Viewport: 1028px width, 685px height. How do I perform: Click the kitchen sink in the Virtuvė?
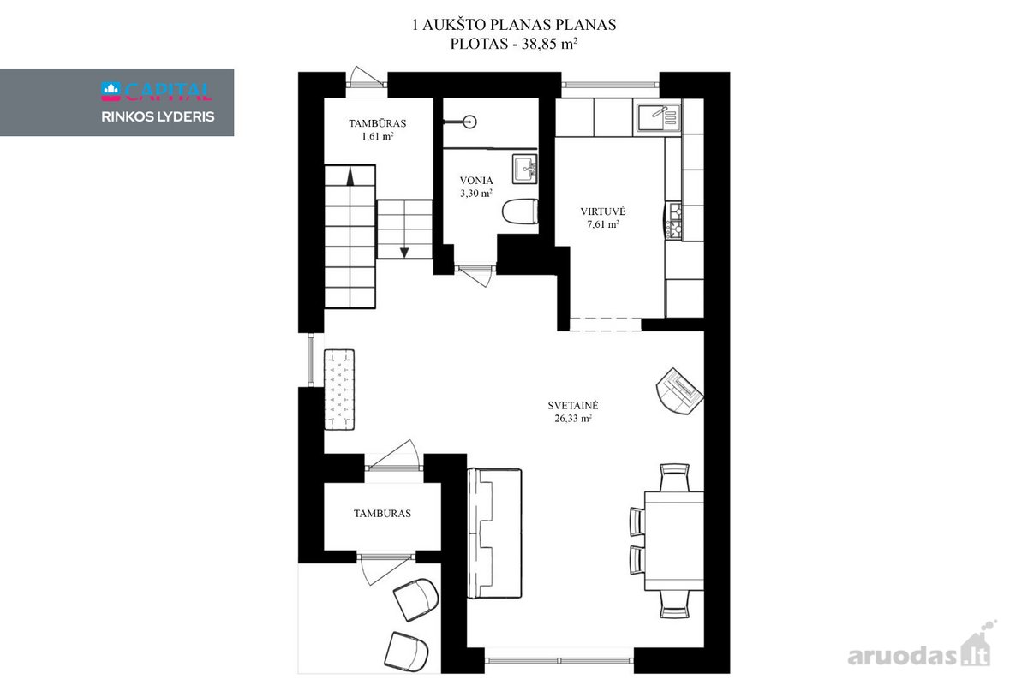(657, 116)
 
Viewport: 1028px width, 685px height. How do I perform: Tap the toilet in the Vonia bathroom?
(520, 211)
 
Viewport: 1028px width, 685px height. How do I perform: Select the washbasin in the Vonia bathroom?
(524, 169)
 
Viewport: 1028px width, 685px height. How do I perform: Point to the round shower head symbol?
(470, 122)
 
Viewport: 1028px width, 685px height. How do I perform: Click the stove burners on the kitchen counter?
(674, 221)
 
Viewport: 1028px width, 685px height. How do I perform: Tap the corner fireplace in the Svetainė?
(680, 391)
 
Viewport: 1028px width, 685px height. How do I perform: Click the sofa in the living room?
(494, 533)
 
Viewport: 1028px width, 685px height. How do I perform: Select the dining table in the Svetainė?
(673, 541)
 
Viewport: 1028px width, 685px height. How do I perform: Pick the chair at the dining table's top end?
(674, 477)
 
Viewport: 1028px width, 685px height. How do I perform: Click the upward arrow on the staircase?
(350, 176)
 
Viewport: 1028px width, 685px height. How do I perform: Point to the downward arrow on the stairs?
(404, 253)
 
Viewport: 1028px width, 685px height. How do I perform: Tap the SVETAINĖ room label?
(573, 406)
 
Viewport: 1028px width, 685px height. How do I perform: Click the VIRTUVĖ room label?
(602, 211)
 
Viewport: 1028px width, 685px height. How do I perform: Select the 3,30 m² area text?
(476, 194)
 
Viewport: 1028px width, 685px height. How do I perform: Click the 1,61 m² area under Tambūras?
(377, 136)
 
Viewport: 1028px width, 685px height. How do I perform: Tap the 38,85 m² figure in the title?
(549, 44)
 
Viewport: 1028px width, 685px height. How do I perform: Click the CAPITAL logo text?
(168, 92)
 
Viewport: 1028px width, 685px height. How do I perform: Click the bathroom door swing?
(475, 276)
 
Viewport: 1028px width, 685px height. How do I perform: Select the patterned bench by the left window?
(339, 390)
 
